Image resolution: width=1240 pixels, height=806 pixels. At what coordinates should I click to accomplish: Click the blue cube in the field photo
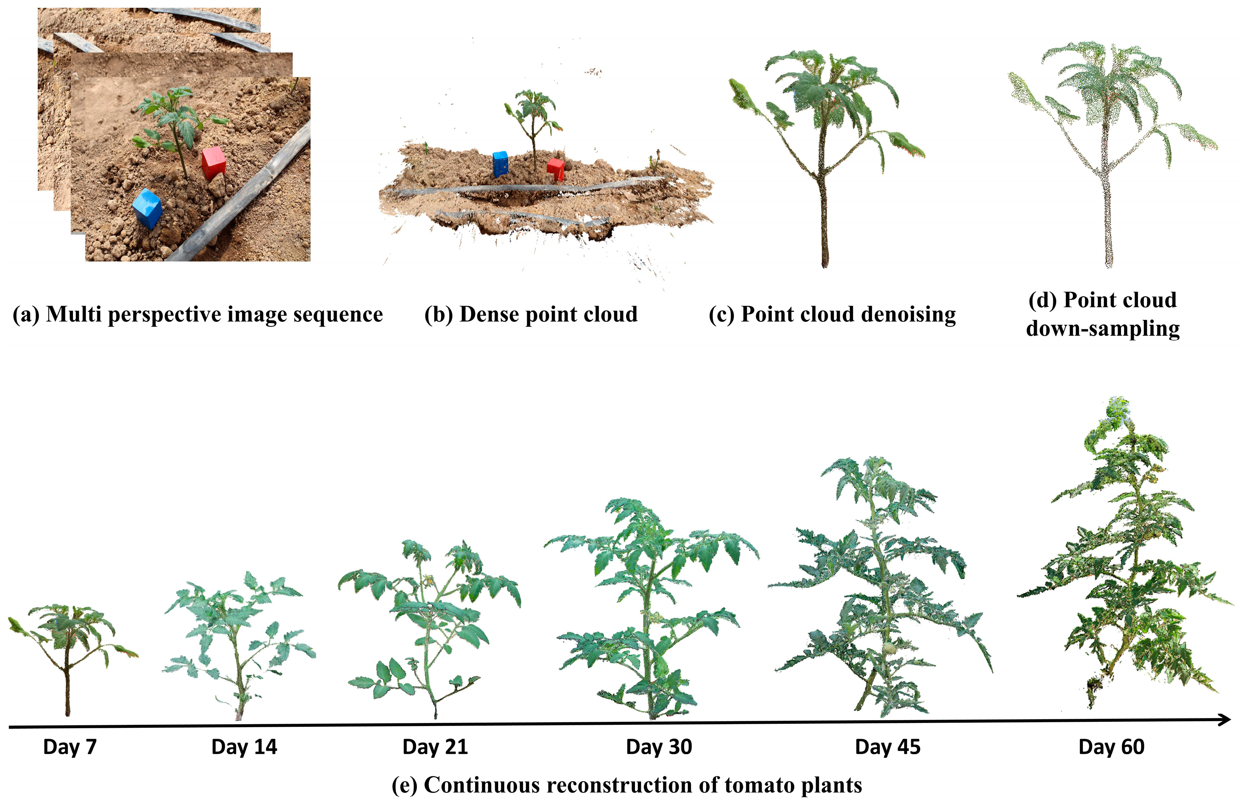point(148,208)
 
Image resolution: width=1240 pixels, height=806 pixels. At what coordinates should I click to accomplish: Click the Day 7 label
point(70,747)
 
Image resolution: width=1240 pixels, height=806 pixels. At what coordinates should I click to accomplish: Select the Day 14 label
point(244,747)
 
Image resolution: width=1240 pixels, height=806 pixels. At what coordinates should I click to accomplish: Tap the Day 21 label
point(435,747)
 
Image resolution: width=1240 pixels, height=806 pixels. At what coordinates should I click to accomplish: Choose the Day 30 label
point(659,747)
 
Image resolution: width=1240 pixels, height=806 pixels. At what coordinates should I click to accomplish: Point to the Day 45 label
point(888,747)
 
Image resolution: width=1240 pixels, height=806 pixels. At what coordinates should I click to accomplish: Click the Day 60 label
point(1111,747)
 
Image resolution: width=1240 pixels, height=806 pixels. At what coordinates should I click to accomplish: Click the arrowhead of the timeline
point(1224,720)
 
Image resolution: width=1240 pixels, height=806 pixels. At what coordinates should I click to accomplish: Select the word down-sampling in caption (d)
point(1103,329)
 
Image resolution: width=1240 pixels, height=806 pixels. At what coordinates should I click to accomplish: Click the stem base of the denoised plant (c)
point(825,263)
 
